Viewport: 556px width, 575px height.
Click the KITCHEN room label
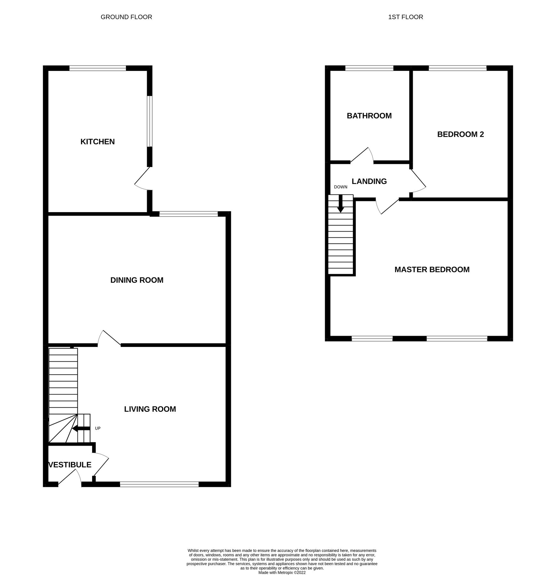coord(98,142)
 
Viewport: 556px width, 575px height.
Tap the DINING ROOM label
coord(137,280)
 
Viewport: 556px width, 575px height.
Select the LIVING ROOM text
coord(150,409)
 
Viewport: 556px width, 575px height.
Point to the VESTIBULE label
coord(70,465)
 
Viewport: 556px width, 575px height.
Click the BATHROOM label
coord(369,116)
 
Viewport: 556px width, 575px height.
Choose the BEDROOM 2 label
coord(460,134)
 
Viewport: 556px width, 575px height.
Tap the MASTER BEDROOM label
coord(432,270)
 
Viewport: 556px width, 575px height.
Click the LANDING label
coord(369,181)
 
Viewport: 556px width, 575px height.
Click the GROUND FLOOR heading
coord(126,17)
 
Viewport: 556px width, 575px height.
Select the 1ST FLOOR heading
coord(405,17)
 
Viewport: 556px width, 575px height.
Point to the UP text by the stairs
coord(98,428)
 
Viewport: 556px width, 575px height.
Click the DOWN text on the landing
coord(341,187)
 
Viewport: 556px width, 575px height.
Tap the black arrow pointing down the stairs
coord(341,203)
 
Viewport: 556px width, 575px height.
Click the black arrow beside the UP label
coord(81,429)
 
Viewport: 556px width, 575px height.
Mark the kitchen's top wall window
coord(98,68)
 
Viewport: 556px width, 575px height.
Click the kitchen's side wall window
coord(150,121)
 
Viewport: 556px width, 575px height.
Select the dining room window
coord(189,214)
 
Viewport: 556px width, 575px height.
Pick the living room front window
coord(159,485)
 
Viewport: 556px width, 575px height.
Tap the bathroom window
coord(369,68)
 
